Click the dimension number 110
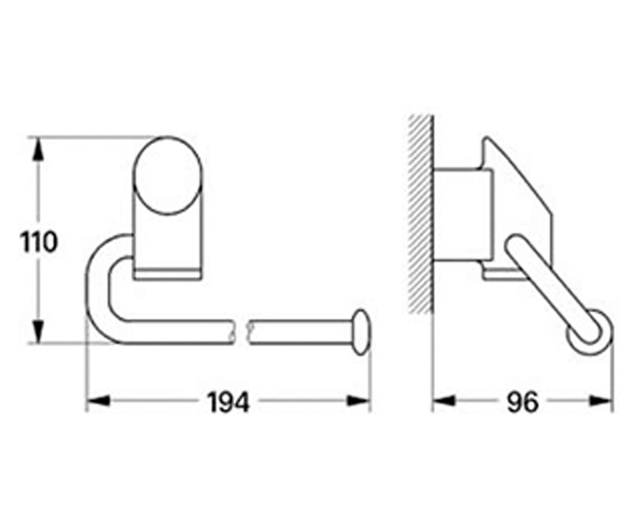click(x=38, y=242)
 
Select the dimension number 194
click(x=229, y=402)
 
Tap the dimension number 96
click(x=523, y=402)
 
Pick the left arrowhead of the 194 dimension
click(x=98, y=401)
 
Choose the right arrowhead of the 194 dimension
click(x=358, y=401)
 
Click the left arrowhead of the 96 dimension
click(x=444, y=401)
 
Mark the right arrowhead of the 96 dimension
click(x=601, y=401)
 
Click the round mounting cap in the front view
click(x=167, y=176)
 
